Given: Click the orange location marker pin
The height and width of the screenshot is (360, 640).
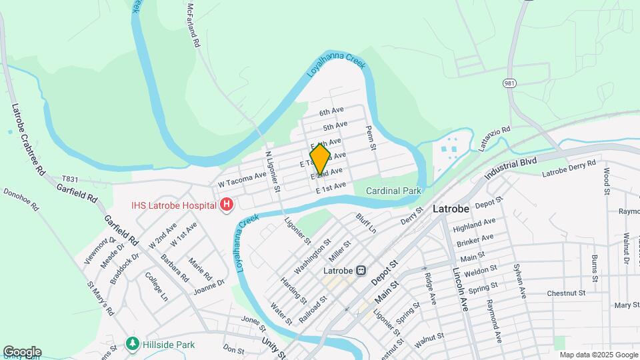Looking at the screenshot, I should tap(320, 158).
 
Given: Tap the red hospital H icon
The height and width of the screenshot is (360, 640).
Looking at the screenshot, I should tap(227, 203).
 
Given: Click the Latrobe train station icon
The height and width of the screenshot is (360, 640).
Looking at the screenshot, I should tap(361, 271).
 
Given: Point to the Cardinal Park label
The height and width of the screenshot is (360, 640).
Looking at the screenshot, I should tap(393, 191).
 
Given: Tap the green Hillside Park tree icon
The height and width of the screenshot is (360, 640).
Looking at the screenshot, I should tap(133, 343).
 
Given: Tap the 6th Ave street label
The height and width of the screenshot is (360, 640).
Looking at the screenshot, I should tap(331, 111).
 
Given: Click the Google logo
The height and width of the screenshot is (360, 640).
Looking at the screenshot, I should tap(22, 351).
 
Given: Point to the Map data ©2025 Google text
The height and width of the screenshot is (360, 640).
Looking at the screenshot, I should tap(598, 355).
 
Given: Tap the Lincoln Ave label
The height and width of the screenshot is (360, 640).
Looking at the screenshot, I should tap(461, 290).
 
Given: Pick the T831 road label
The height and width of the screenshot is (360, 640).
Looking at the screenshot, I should tap(71, 179).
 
